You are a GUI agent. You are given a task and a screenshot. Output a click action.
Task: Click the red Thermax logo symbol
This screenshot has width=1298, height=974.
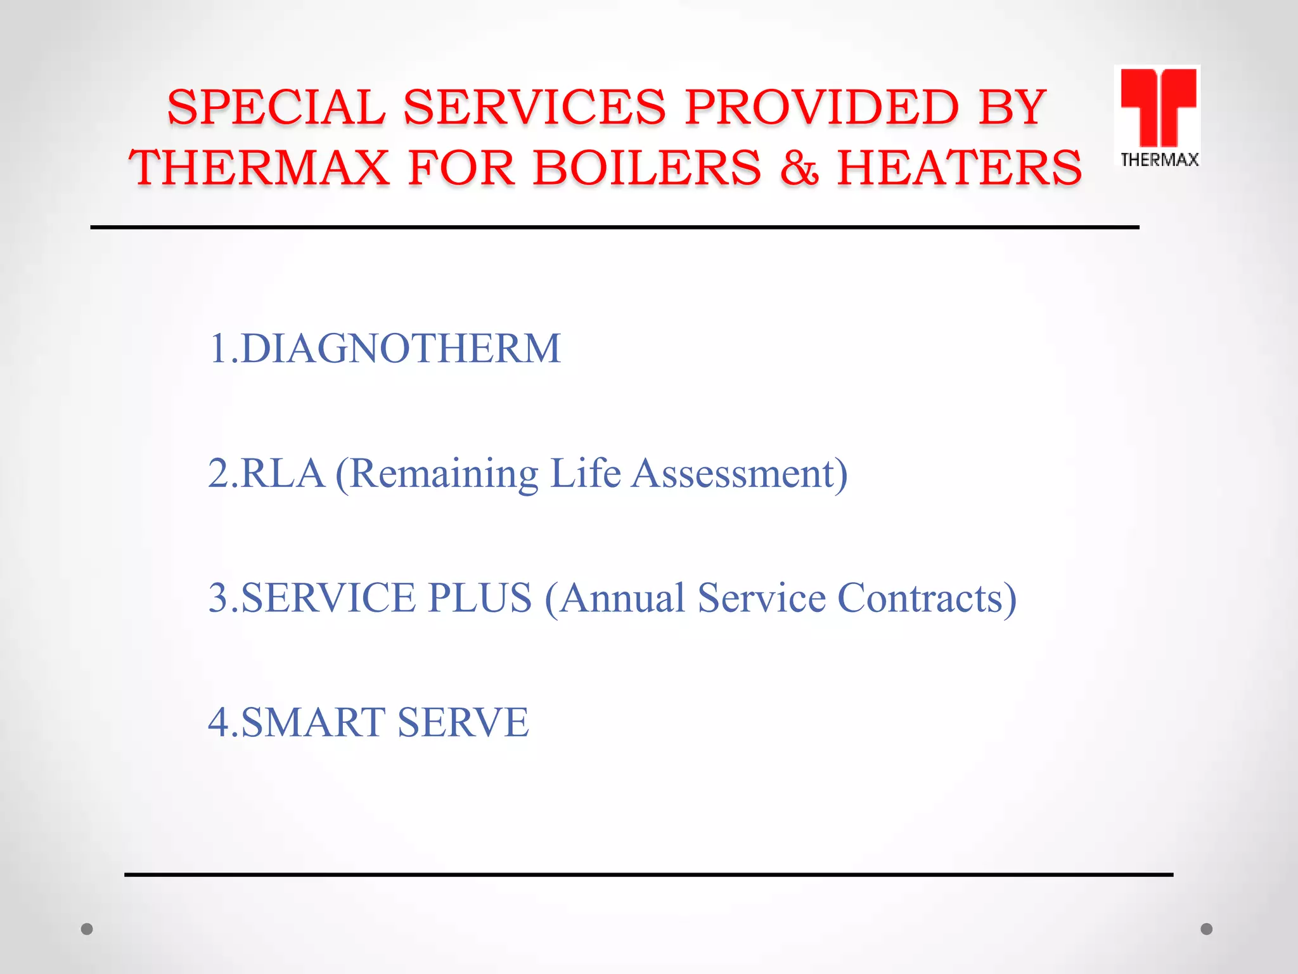(x=1158, y=107)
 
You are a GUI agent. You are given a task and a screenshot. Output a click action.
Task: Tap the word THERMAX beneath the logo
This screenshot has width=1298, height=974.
(x=1159, y=160)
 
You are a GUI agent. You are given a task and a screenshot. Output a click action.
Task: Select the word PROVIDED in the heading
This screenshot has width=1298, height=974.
(x=822, y=107)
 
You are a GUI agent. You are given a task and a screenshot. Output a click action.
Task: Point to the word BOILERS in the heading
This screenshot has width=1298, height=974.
(x=647, y=168)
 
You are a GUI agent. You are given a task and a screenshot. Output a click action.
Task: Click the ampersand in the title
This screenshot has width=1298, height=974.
(x=799, y=168)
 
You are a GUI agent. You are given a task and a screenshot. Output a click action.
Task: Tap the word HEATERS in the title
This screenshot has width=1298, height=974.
(x=960, y=168)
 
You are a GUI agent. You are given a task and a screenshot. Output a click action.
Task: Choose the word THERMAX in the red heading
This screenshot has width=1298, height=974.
(x=259, y=168)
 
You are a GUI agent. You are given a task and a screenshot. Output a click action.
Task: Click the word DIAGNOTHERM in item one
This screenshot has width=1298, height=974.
(x=401, y=348)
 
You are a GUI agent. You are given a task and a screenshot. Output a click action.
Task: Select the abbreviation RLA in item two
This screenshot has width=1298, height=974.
(x=283, y=473)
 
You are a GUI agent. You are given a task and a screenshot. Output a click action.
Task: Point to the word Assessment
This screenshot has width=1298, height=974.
(x=739, y=473)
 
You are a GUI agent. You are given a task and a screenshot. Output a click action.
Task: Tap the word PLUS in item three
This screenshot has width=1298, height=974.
(x=480, y=597)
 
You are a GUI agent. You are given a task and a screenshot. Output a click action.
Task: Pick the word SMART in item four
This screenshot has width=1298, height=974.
(x=313, y=722)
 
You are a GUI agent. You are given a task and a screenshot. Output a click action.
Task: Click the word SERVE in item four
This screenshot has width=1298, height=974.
(x=463, y=722)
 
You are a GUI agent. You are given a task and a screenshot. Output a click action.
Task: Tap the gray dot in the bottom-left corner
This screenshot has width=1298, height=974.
(x=87, y=929)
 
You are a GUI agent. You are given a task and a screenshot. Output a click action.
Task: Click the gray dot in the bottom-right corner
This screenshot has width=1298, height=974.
(x=1207, y=929)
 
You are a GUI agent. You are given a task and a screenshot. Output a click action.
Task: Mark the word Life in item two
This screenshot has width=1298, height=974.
(x=585, y=473)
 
